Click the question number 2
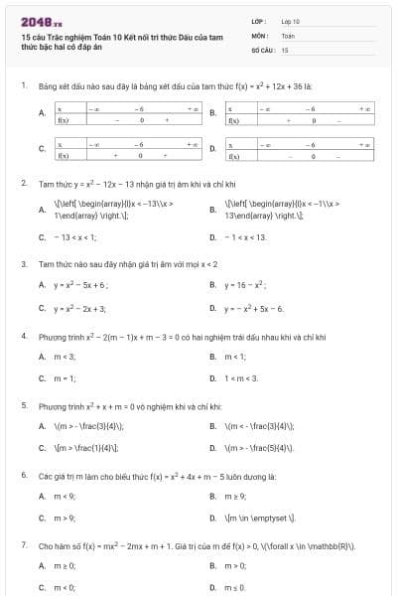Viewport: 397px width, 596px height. point(24,184)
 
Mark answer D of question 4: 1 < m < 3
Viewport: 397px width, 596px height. point(241,378)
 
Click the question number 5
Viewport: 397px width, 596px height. point(24,406)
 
